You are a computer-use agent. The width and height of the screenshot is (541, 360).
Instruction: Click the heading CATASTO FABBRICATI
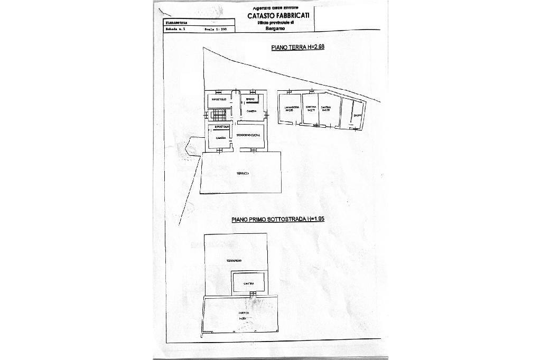pyautogui.click(x=279, y=16)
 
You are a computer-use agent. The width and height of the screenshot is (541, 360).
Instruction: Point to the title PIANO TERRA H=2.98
pyautogui.click(x=297, y=48)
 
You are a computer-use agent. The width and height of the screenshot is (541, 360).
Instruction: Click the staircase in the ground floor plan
pyautogui.click(x=220, y=114)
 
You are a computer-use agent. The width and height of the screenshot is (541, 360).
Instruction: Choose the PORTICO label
pyautogui.click(x=243, y=313)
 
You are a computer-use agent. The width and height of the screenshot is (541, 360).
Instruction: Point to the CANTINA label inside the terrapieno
pyautogui.click(x=249, y=284)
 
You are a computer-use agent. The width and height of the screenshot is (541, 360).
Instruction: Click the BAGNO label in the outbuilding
pyautogui.click(x=358, y=116)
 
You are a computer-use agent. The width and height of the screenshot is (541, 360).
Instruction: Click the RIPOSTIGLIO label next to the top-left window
pyautogui.click(x=219, y=99)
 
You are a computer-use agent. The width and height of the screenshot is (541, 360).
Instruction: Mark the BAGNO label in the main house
pyautogui.click(x=251, y=99)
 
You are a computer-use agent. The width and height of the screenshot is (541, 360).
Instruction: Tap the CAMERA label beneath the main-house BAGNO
pyautogui.click(x=251, y=111)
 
